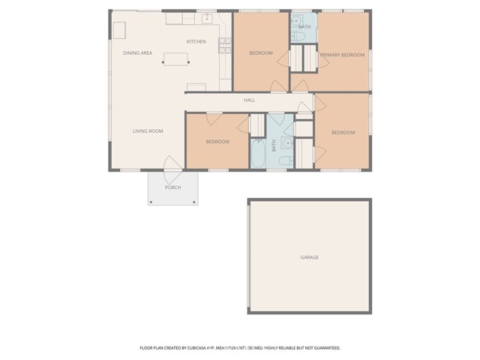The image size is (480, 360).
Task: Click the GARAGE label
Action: [310, 257]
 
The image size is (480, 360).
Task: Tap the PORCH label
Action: [173, 187]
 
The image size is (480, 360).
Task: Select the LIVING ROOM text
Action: [148, 131]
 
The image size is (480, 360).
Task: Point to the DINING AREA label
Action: [138, 53]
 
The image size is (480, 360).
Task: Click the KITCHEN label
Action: [196, 42]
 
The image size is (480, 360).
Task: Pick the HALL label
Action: [250, 100]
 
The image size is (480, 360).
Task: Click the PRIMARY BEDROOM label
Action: [343, 55]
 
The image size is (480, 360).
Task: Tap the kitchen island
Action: [175, 59]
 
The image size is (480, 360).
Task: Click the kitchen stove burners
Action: [225, 45]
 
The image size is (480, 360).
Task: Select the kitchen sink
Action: [207, 19]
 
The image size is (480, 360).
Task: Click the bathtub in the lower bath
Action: [258, 153]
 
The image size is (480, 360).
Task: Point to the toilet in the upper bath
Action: [298, 37]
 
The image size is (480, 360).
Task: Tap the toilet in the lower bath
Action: [286, 160]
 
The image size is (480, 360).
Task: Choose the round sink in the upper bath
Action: [296, 21]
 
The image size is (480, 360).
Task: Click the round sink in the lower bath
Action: [287, 143]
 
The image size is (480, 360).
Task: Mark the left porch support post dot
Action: [151, 202]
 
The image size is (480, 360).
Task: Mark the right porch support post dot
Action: [194, 202]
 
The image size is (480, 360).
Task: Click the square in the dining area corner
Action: [119, 30]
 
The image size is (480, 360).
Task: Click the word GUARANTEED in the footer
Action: [327, 348]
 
